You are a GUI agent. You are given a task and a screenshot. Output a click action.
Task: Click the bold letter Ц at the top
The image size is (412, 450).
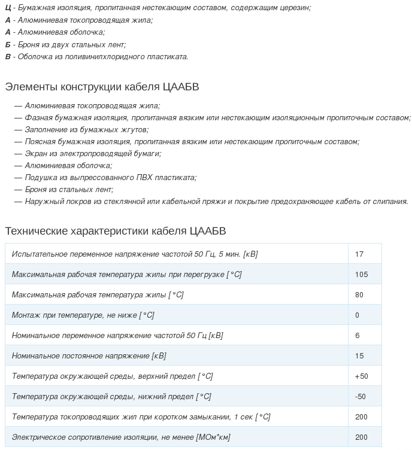[8, 8]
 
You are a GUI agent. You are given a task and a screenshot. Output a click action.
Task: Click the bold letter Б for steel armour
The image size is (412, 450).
[8, 44]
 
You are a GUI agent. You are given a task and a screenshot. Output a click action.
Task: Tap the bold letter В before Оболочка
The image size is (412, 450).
[8, 57]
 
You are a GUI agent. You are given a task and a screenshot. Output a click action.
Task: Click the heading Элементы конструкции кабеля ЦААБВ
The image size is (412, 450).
[102, 87]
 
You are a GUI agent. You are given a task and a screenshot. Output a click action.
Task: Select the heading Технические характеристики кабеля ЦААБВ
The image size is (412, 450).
[115, 231]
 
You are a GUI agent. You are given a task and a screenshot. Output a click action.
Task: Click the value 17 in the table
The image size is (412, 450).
[359, 254]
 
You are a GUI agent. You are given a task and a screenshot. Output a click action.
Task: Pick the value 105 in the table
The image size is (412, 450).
[361, 274]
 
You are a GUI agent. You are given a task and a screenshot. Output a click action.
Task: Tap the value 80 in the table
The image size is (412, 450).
[359, 294]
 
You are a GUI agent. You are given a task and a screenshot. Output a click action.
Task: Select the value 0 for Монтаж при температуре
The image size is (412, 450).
[358, 315]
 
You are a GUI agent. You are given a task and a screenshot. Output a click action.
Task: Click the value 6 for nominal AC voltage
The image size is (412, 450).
[358, 335]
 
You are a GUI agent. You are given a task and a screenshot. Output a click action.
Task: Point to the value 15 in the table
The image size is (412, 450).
[359, 355]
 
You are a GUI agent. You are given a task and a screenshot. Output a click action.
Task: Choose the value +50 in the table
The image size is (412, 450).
[361, 376]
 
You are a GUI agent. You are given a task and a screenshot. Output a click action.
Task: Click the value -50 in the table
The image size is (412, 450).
[360, 396]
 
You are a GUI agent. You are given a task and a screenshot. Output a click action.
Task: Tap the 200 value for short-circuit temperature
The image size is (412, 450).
[361, 416]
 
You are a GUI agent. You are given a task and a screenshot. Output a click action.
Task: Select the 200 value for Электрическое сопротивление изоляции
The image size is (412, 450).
[361, 437]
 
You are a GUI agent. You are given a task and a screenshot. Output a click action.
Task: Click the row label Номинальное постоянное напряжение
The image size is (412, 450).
[89, 355]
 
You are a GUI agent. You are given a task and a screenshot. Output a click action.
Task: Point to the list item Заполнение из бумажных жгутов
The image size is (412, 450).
[86, 129]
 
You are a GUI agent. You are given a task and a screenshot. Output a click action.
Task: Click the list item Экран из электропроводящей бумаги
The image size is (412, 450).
[93, 153]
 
